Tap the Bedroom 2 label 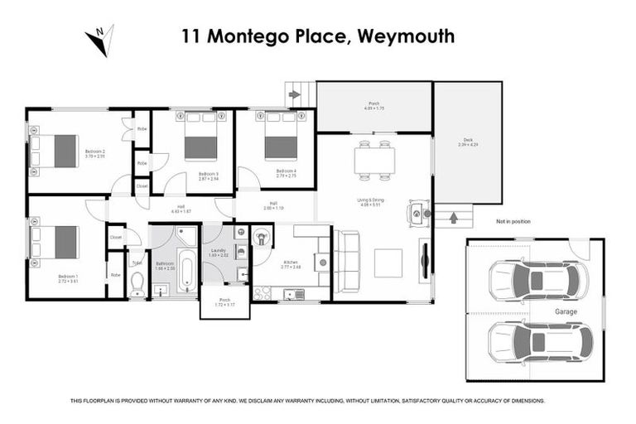[95, 152]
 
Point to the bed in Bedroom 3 [200, 137]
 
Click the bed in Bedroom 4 [281, 137]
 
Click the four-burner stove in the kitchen [263, 294]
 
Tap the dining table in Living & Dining [373, 160]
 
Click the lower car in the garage [540, 341]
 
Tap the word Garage [566, 311]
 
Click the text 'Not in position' [513, 221]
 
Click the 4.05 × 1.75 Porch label [373, 106]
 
